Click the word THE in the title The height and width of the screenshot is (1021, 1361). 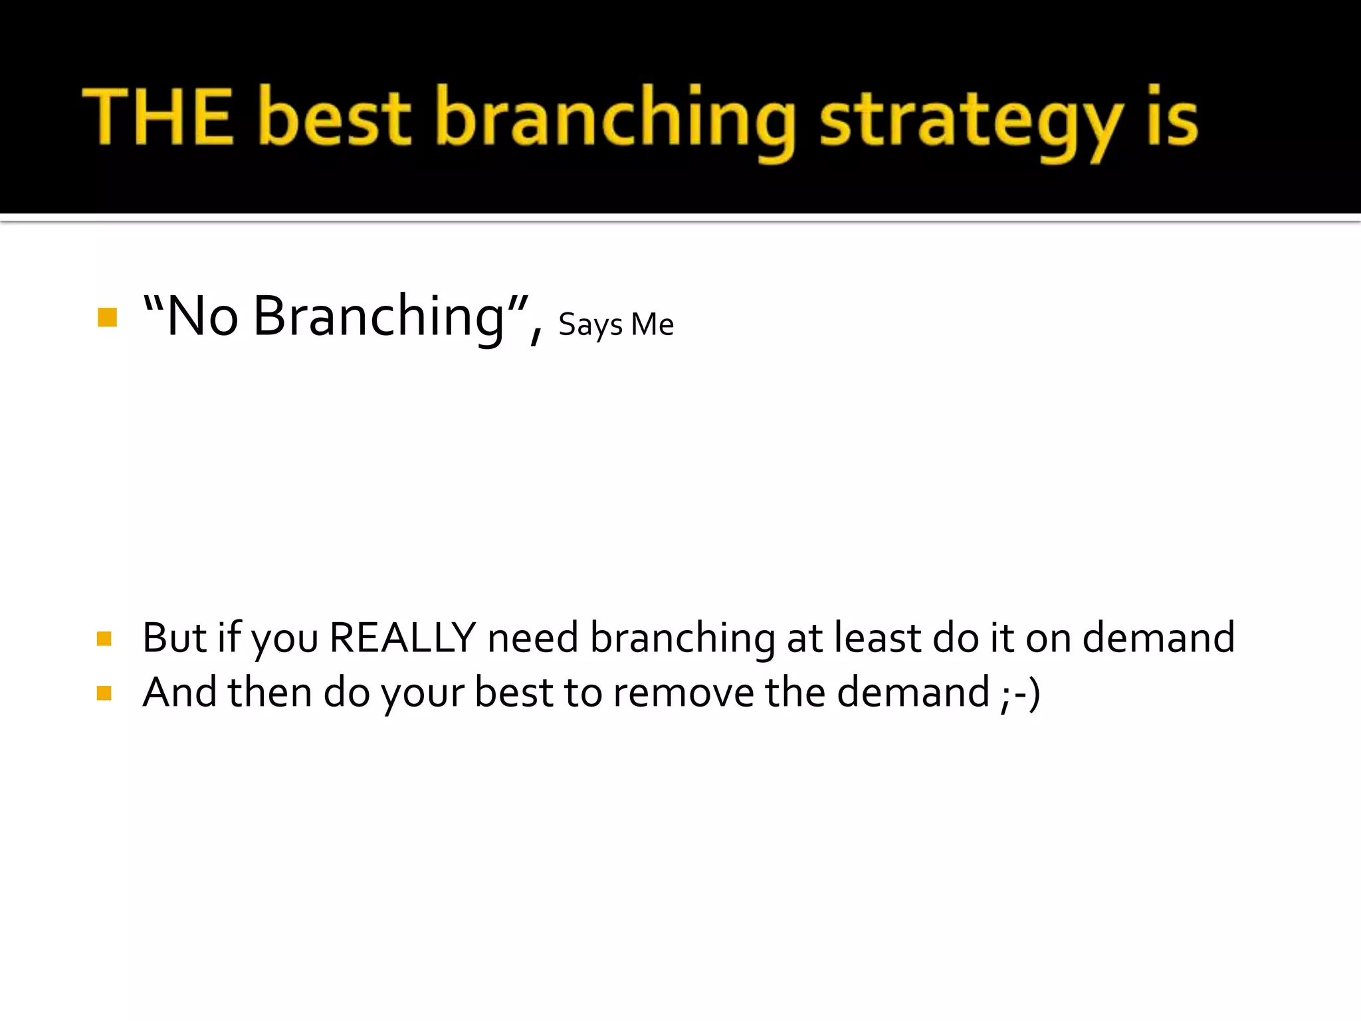(x=158, y=117)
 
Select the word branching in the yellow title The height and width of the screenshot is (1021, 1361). (x=615, y=120)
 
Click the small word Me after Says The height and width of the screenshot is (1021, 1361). (x=653, y=324)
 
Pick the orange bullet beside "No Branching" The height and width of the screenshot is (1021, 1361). (x=107, y=317)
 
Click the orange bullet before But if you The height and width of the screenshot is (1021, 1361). (x=104, y=639)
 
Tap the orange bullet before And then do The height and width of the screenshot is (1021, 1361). (x=104, y=693)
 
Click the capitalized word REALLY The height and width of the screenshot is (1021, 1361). (x=403, y=638)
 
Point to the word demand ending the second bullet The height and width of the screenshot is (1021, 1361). (x=1158, y=638)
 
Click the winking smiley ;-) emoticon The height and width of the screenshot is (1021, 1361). (x=1020, y=693)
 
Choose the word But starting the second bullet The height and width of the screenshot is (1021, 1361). (x=175, y=638)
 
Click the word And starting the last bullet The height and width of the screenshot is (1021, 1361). (x=180, y=693)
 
